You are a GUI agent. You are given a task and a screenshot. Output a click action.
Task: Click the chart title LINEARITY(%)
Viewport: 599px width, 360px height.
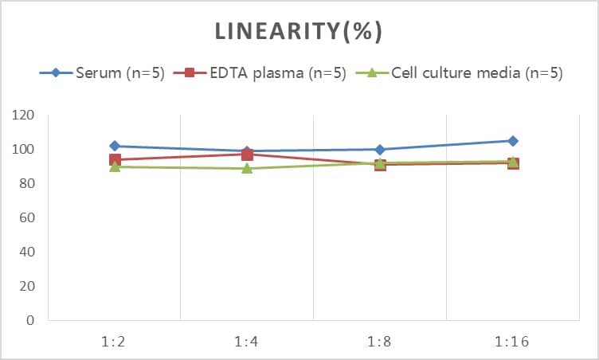(299, 31)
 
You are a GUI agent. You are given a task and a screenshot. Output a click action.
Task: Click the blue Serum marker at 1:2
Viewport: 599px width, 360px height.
(115, 146)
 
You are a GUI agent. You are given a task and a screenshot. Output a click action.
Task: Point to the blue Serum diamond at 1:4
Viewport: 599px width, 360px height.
(247, 151)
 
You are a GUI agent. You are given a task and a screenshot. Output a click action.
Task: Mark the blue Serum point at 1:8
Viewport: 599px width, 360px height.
(380, 149)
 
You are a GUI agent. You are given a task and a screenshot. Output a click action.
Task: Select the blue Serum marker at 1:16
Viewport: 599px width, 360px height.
(513, 141)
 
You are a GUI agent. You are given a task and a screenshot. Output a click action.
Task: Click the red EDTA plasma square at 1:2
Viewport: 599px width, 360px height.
(115, 160)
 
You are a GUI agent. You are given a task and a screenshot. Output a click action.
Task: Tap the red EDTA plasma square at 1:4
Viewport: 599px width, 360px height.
(247, 155)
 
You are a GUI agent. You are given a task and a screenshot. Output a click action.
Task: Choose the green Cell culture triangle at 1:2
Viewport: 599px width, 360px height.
(115, 166)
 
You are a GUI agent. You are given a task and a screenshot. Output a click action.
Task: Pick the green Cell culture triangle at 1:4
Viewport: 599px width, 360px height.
(247, 168)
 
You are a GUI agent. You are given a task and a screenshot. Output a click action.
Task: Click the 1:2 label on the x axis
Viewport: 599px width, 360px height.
(115, 342)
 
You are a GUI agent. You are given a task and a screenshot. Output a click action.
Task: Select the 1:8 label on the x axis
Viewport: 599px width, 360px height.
(380, 342)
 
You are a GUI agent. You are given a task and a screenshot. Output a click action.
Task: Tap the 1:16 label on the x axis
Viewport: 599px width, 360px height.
(513, 342)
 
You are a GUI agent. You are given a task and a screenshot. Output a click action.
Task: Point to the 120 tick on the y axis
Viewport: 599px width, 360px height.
(24, 115)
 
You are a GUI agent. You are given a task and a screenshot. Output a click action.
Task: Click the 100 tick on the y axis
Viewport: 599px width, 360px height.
(24, 150)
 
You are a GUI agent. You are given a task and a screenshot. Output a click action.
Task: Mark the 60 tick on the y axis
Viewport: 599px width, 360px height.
(28, 217)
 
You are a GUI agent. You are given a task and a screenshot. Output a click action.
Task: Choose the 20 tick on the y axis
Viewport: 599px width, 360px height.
(28, 286)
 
